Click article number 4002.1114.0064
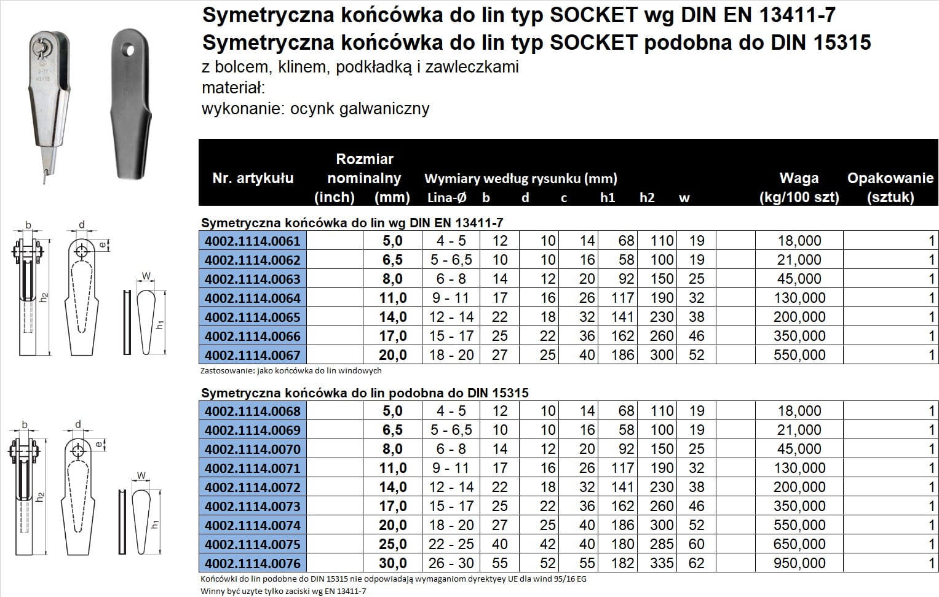pos(253,298)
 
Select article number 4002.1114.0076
pos(253,563)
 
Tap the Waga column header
pos(799,178)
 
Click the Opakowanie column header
pos(890,178)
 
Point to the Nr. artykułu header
pos(253,178)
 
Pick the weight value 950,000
pos(799,563)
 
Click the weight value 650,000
pos(799,544)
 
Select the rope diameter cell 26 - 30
pos(451,563)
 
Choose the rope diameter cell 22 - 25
pos(451,544)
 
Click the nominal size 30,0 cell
pos(393,563)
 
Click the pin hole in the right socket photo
pos(129,47)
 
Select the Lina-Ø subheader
pos(447,198)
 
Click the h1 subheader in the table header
pos(608,198)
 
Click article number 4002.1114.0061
pos(253,241)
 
